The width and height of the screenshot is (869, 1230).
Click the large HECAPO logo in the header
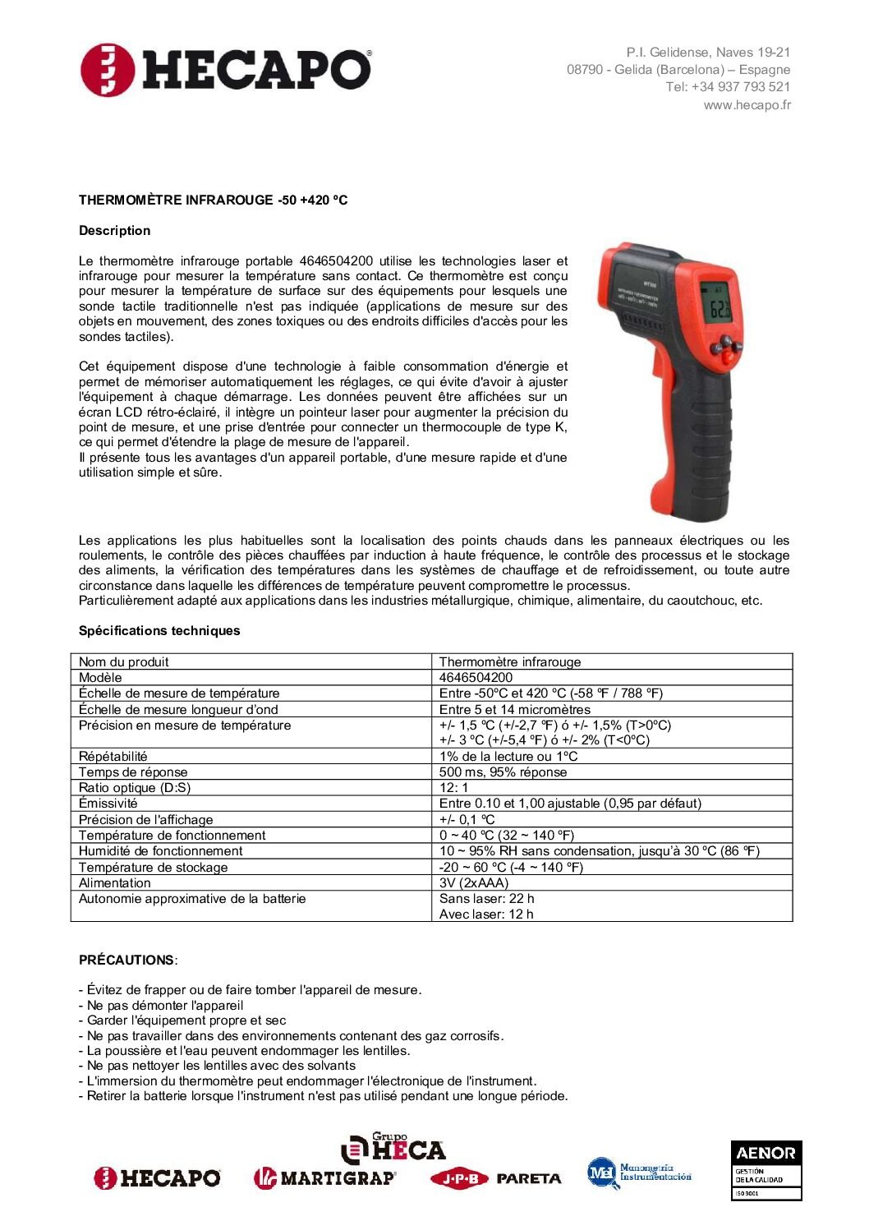(226, 70)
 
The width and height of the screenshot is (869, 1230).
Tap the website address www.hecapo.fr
(747, 105)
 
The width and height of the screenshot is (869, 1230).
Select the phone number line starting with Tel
(728, 87)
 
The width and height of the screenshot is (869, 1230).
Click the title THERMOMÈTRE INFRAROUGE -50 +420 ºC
(213, 200)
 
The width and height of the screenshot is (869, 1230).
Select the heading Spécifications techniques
(159, 631)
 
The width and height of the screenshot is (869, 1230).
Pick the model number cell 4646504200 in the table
(476, 678)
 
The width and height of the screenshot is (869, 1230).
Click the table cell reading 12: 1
(453, 788)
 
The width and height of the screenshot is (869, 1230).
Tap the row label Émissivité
(108, 804)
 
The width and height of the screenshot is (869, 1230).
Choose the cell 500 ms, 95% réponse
(503, 772)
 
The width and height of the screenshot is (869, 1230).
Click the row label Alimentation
(115, 883)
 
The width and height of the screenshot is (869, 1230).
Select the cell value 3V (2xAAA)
(474, 883)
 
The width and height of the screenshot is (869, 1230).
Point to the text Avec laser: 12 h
(486, 914)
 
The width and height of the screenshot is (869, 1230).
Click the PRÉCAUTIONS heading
(126, 961)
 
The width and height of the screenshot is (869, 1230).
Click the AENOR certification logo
(766, 1170)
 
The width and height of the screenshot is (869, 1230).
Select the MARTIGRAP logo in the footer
(324, 1178)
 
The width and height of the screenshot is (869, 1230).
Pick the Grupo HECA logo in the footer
(393, 1148)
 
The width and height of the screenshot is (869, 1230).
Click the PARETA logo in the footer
(528, 1178)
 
